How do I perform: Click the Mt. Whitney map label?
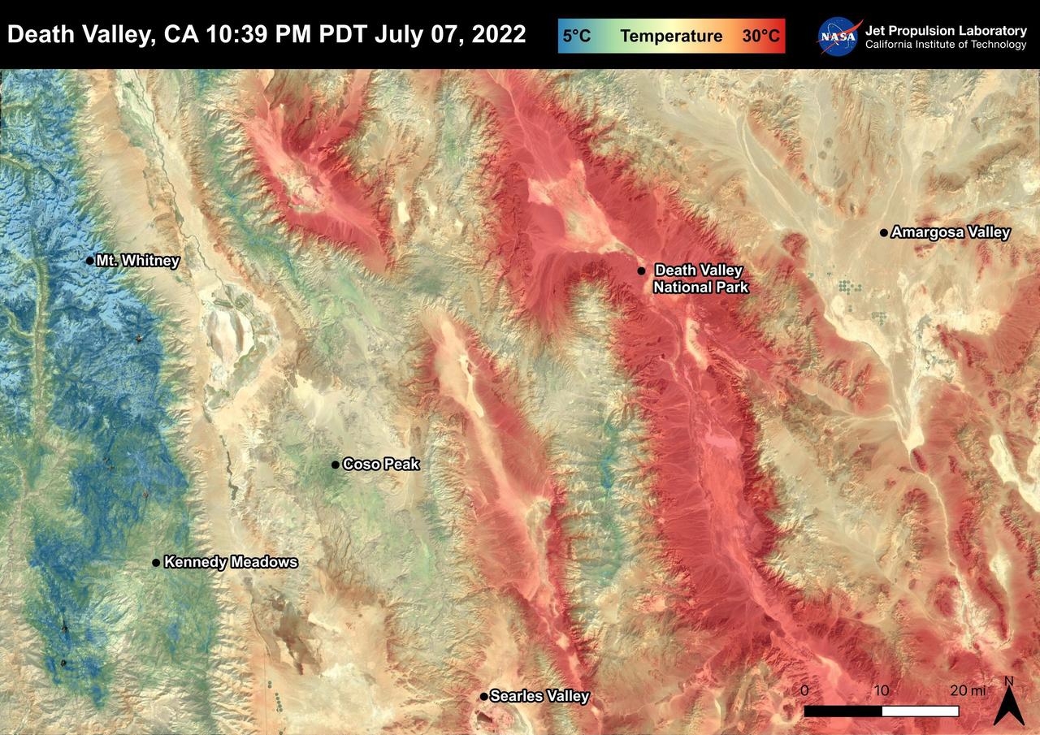click(x=137, y=261)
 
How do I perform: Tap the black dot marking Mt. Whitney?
click(x=90, y=261)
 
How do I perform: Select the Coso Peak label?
click(x=381, y=465)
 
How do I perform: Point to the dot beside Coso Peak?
click(x=335, y=465)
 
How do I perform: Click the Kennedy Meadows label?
click(x=231, y=562)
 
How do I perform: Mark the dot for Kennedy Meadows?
click(x=156, y=562)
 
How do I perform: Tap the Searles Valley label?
click(x=539, y=696)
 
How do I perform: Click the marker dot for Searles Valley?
click(x=484, y=696)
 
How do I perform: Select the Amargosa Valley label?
click(x=951, y=232)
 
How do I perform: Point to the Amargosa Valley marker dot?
click(x=884, y=233)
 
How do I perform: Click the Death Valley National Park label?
click(x=700, y=279)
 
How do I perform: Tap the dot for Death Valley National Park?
click(x=641, y=270)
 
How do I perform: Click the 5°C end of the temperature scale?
click(x=577, y=37)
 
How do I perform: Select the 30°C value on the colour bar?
click(x=760, y=37)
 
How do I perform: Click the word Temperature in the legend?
click(x=671, y=37)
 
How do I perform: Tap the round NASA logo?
click(x=839, y=37)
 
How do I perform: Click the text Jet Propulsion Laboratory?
click(x=946, y=30)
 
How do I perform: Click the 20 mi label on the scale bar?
click(x=967, y=690)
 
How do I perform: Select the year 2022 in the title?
click(x=498, y=35)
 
